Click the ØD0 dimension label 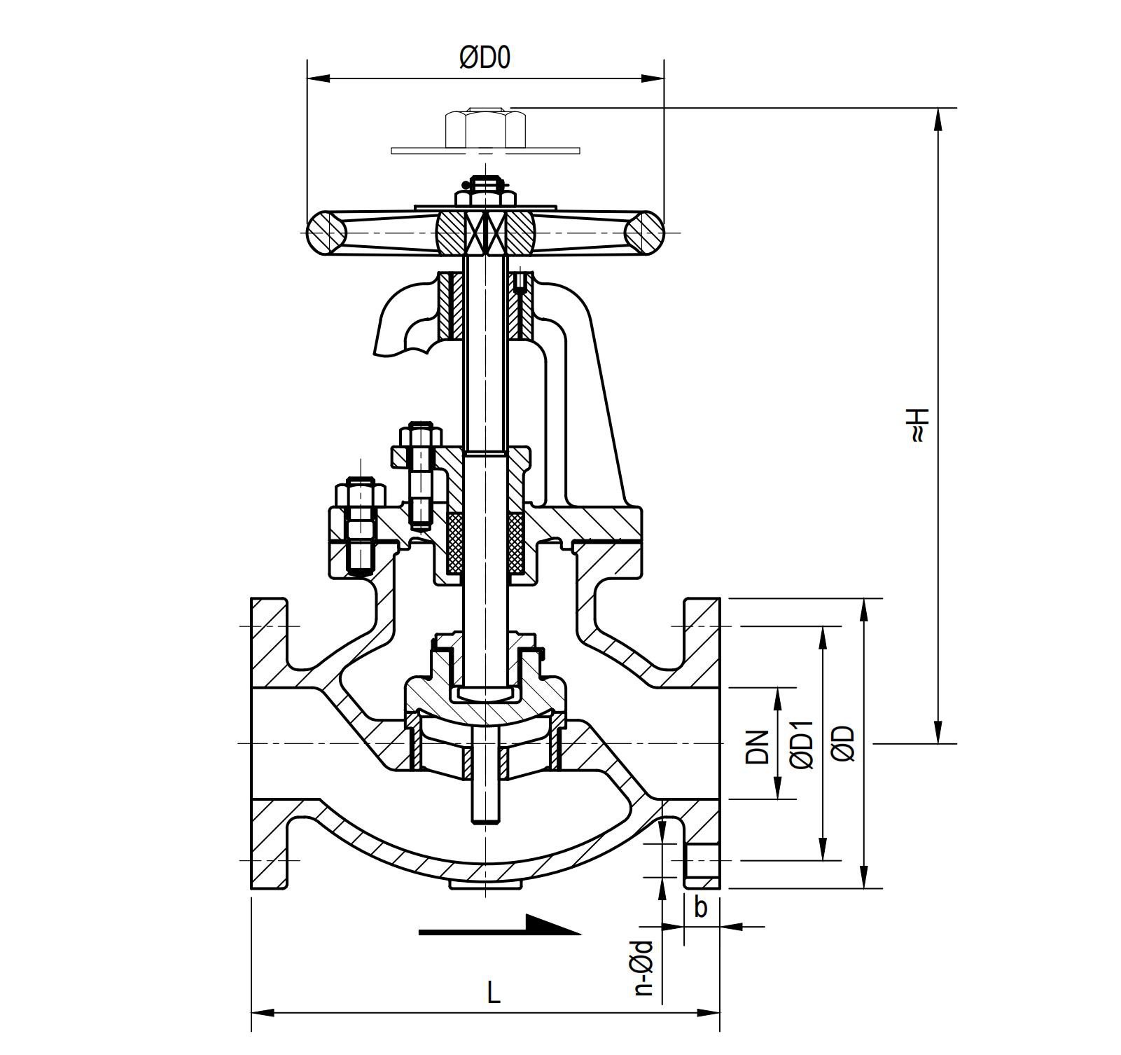[x=485, y=58]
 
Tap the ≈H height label [x=918, y=425]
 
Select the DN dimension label [x=757, y=746]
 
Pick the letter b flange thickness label [x=700, y=908]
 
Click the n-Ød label [x=643, y=967]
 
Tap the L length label [x=494, y=992]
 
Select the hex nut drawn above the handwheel [x=485, y=128]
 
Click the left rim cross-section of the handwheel [x=327, y=232]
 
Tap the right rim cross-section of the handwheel [x=643, y=232]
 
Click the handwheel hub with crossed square [x=485, y=233]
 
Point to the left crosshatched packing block [x=455, y=544]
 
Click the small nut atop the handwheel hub [x=485, y=195]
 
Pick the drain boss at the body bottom [x=485, y=885]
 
